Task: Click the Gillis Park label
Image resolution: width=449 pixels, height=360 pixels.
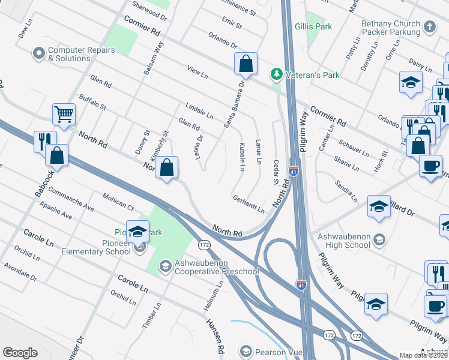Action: coord(314,27)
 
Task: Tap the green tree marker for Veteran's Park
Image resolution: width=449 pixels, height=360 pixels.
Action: coord(276,75)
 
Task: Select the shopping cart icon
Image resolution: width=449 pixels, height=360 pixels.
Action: coord(64,113)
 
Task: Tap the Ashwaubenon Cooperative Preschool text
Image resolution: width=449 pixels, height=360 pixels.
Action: coord(217,268)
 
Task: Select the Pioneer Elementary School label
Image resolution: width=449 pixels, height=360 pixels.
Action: coord(96,251)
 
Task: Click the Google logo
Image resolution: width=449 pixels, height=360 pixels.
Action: coord(20,353)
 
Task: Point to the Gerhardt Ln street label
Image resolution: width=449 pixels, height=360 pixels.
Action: coord(249,205)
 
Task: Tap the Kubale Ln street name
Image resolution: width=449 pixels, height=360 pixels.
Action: coord(242,157)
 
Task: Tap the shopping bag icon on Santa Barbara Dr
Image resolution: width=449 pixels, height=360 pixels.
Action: coord(246,63)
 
